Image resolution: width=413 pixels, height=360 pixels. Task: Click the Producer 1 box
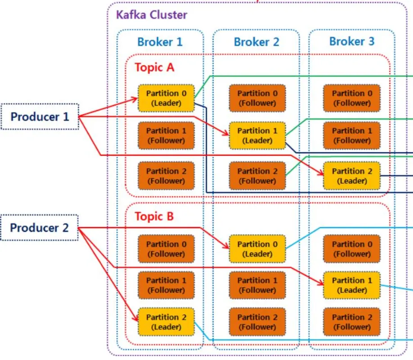point(40,117)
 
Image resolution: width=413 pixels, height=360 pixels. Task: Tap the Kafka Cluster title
point(152,14)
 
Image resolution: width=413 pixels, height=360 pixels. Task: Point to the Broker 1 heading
point(160,42)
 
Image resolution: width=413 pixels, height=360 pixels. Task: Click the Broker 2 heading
point(256,42)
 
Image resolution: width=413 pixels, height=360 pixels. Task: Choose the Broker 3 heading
point(351,41)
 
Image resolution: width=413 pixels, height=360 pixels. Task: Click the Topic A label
point(154,67)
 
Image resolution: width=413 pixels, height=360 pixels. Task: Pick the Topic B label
point(154,216)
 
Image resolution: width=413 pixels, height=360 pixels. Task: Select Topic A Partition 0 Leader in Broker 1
point(166,98)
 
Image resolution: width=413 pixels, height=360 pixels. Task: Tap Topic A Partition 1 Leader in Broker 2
point(257,135)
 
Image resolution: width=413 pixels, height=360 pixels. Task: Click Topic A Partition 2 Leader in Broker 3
point(352,176)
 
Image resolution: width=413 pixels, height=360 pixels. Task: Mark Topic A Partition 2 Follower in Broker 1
point(166,176)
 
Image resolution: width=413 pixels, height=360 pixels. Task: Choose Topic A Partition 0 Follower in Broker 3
point(352,98)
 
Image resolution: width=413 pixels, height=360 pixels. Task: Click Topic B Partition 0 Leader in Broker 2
point(257,249)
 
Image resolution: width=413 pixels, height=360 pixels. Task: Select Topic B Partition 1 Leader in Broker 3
point(352,285)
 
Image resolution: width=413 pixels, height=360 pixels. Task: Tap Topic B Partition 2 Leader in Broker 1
point(166,322)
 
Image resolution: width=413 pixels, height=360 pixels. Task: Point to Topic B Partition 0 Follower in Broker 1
point(166,249)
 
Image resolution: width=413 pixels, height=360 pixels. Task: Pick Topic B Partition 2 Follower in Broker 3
point(352,322)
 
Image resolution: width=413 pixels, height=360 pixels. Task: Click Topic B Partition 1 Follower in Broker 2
point(257,285)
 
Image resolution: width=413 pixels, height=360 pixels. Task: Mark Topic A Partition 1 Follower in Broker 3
point(352,135)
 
